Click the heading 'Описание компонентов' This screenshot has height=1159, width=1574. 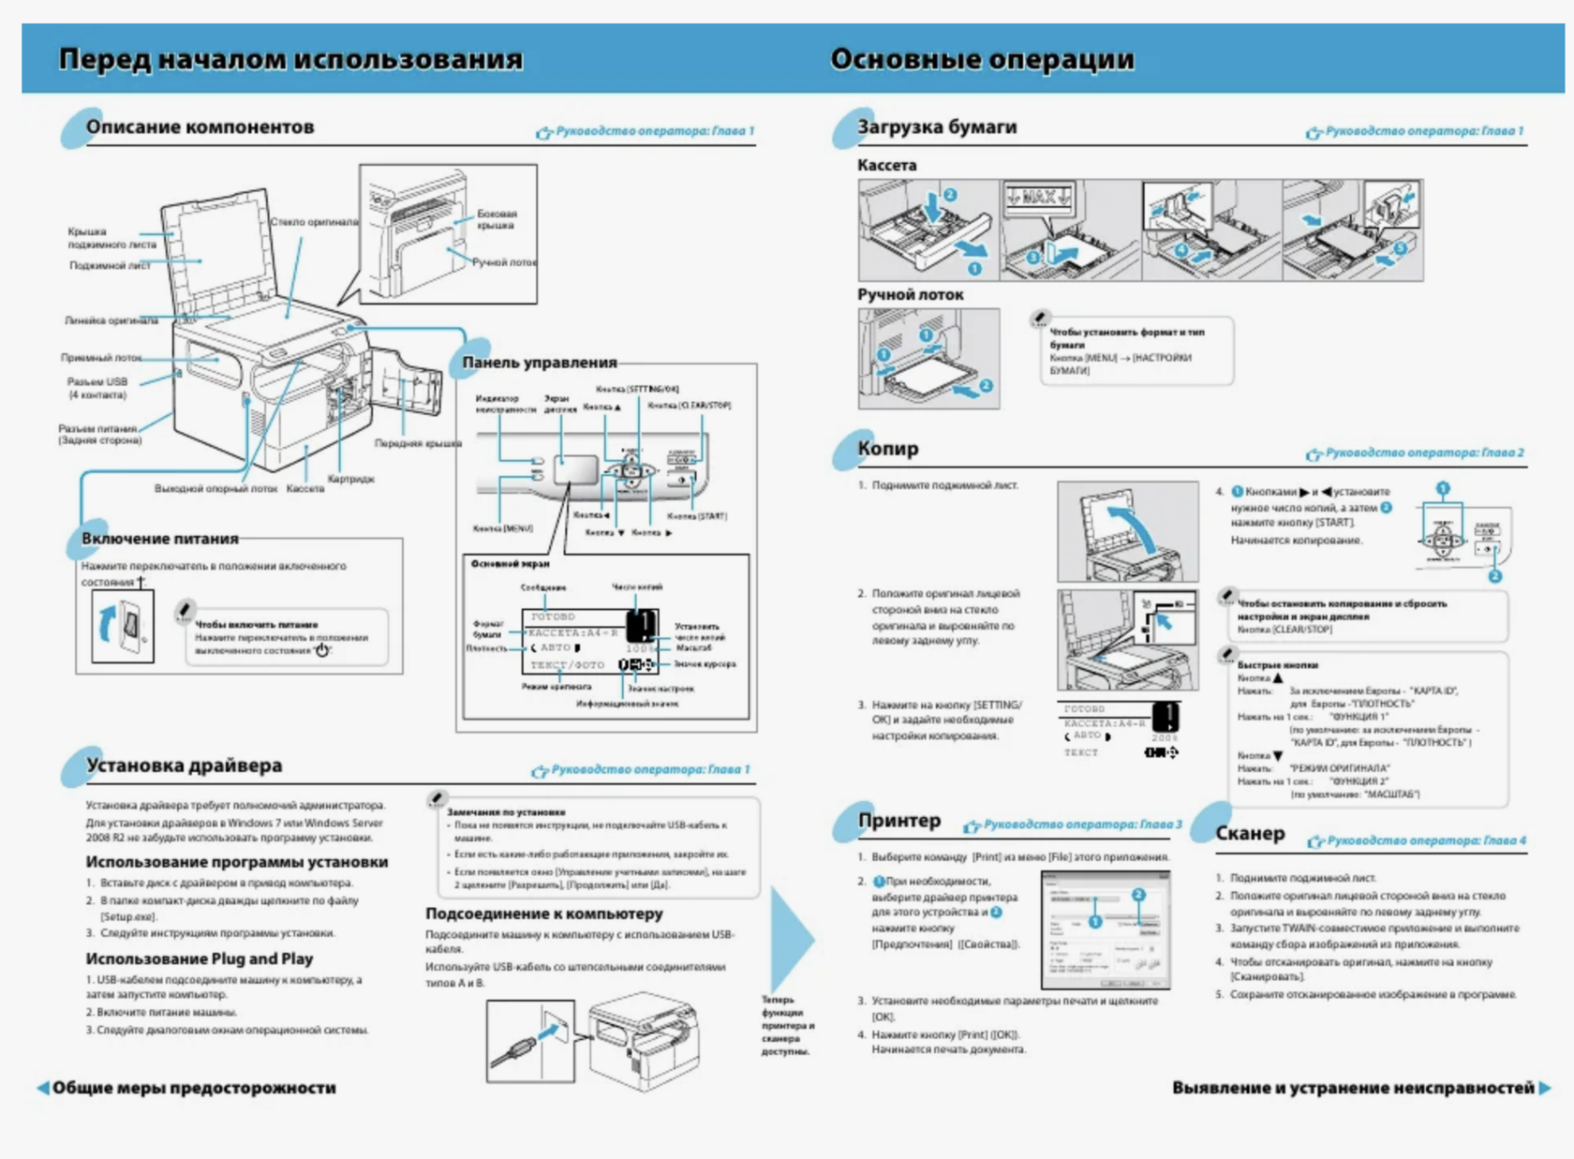point(200,127)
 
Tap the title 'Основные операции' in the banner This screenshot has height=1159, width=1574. point(981,59)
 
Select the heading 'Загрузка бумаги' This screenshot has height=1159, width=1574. point(937,127)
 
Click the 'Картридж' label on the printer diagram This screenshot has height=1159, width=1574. point(351,479)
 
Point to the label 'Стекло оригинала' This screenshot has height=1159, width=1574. point(314,222)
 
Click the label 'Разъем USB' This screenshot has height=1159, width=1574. point(97,382)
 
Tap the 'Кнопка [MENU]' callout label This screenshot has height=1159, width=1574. point(503,528)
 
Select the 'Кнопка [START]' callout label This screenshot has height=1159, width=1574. point(697,516)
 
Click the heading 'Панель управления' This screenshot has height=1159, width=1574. point(539,363)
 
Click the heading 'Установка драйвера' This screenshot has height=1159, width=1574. point(184,765)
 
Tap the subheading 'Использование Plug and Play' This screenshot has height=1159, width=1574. point(199,958)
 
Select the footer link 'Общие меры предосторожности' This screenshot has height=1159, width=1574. point(193,1088)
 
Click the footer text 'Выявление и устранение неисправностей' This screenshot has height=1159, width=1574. point(1352,1088)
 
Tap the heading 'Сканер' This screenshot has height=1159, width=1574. point(1250,834)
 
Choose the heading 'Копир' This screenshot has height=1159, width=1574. point(887,449)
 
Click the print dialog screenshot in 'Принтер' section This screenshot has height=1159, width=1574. point(1106,929)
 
